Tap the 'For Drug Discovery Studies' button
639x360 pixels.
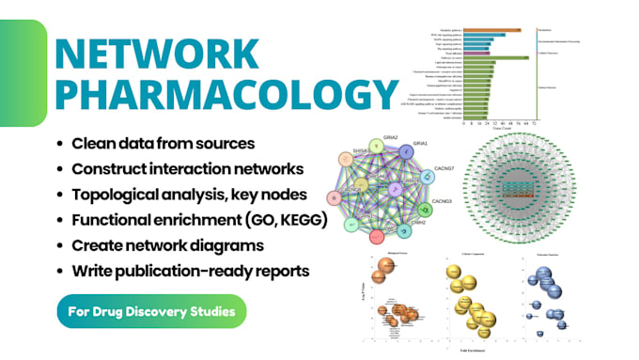[152, 309]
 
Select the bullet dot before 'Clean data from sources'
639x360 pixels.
[61, 144]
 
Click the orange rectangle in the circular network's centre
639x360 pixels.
[532, 195]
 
